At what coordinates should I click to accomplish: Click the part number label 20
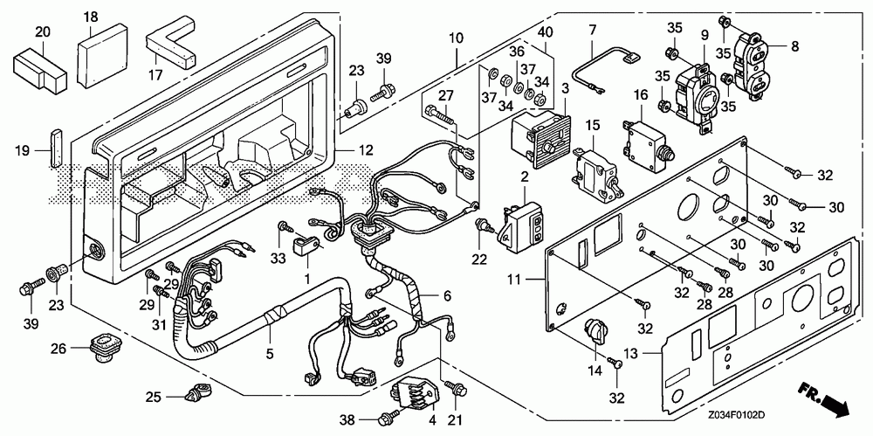[42, 33]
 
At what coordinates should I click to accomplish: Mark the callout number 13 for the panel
[632, 354]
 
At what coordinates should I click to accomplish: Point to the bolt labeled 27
[441, 116]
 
